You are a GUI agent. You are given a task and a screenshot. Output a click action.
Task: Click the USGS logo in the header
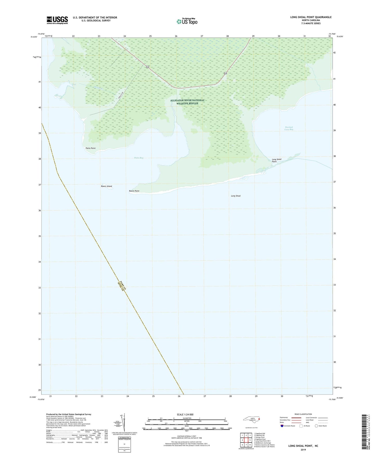pos(57,20)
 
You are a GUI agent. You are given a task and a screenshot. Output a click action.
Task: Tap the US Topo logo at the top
pos(187,21)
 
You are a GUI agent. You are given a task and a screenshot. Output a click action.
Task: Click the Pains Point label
pos(91,148)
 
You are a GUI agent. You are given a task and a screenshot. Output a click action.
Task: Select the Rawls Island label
pos(106,186)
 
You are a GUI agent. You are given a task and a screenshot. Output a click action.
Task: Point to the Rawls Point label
pos(134,191)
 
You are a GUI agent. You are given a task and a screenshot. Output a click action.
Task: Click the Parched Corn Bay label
pos(289,128)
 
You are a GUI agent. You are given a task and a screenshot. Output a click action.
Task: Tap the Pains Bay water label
pos(139,158)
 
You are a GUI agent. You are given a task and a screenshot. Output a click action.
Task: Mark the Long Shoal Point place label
pos(276,160)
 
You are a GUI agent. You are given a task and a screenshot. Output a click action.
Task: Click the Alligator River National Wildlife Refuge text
pos(187,102)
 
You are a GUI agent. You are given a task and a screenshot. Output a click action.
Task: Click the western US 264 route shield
pos(148,67)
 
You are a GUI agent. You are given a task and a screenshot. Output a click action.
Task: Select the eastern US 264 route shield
pos(225,74)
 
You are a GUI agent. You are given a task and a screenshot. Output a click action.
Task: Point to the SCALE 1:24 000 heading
pos(185,415)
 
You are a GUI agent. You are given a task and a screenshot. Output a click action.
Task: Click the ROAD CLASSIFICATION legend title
pos(303,414)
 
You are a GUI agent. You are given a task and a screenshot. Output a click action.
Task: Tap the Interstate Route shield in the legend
pos(282,426)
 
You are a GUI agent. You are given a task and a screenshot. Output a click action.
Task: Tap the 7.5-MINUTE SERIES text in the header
pos(311,23)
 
